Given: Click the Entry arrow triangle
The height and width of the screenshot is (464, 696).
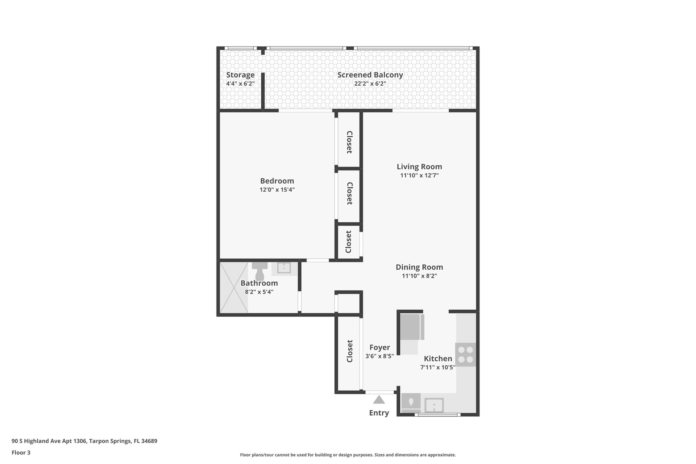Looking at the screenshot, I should pyautogui.click(x=379, y=399).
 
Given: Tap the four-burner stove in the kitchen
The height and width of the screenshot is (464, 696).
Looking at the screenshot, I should pyautogui.click(x=466, y=355).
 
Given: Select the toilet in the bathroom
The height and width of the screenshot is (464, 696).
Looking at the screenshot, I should pyautogui.click(x=260, y=272).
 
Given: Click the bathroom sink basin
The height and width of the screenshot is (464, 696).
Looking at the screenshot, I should pyautogui.click(x=284, y=268).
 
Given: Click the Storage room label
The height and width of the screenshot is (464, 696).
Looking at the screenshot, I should pyautogui.click(x=240, y=75).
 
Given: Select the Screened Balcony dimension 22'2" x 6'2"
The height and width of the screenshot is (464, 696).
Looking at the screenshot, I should pyautogui.click(x=370, y=84).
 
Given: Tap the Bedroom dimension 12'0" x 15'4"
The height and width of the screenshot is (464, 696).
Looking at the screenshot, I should pyautogui.click(x=277, y=190).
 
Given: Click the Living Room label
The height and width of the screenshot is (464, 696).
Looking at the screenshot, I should pyautogui.click(x=419, y=167).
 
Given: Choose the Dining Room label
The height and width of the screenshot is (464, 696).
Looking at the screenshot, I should pyautogui.click(x=419, y=267).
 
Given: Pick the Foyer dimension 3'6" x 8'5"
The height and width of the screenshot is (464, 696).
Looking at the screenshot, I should pyautogui.click(x=380, y=356).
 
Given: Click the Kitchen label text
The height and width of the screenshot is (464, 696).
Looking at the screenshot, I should pyautogui.click(x=438, y=359).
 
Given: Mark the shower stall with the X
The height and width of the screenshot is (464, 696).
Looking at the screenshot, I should pyautogui.click(x=234, y=287).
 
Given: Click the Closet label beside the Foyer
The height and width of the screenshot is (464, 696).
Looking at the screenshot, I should pyautogui.click(x=349, y=351).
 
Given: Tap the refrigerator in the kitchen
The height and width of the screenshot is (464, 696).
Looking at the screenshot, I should pyautogui.click(x=411, y=327).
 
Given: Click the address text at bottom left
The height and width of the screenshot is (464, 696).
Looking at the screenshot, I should pyautogui.click(x=84, y=441).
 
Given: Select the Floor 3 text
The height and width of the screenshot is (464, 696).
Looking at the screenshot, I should pyautogui.click(x=21, y=452).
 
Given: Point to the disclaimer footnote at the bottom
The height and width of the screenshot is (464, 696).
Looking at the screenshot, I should pyautogui.click(x=348, y=455).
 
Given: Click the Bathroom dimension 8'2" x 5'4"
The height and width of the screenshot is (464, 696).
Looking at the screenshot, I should pyautogui.click(x=259, y=292).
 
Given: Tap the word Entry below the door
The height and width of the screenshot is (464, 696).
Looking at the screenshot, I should pyautogui.click(x=379, y=413).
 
